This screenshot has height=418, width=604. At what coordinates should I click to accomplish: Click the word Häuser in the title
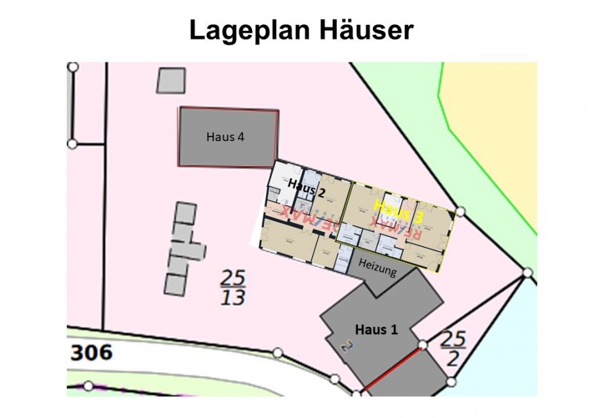pos(361,30)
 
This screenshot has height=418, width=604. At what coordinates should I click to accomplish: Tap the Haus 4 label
pos(226,137)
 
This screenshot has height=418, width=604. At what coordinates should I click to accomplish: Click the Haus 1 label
pos(377,329)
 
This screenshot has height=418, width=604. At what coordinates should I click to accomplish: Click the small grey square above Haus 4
pos(171,80)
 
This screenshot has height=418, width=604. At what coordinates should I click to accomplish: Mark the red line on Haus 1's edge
pos(392,368)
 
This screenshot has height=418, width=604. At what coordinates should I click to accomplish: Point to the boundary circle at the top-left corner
pos(73,67)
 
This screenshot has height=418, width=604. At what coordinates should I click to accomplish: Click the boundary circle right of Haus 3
pos(460,211)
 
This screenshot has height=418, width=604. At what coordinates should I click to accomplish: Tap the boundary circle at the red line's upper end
pos(423,345)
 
